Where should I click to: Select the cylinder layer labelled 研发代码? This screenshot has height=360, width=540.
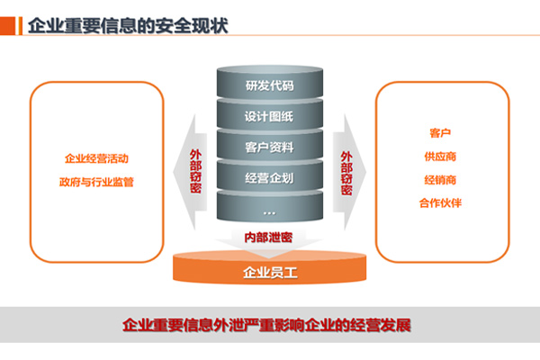coord(269,87)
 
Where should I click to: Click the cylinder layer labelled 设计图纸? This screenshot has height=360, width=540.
coord(269,117)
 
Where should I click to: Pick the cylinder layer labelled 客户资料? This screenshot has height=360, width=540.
coord(269,147)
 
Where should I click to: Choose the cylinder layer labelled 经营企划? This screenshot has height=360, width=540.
coord(269,177)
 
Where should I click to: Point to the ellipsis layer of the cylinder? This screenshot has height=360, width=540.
coord(269,209)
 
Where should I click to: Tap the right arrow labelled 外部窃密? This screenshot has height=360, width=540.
coord(346,171)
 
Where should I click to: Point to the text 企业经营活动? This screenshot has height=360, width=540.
coord(96,158)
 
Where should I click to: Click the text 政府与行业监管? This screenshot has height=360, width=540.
coord(96,183)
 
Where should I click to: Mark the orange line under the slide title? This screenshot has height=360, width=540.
coord(270,38)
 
